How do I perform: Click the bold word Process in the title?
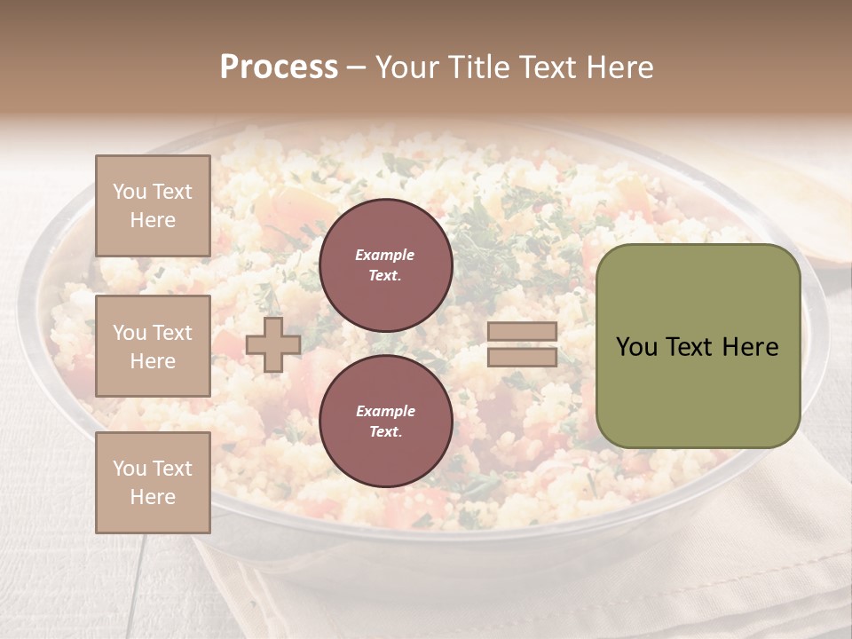click(279, 67)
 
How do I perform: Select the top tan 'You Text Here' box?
click(153, 206)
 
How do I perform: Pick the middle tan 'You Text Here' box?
click(153, 346)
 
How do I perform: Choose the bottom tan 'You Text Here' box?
click(153, 483)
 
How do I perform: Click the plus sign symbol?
click(272, 344)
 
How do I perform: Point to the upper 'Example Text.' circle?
click(385, 264)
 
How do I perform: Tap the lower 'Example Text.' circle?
click(385, 421)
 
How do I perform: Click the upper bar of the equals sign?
click(523, 332)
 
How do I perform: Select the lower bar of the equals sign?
click(523, 357)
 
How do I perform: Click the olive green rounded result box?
click(698, 346)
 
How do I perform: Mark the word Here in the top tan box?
click(153, 220)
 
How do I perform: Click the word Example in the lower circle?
click(385, 411)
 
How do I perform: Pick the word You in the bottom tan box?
click(130, 469)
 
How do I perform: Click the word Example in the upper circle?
click(385, 255)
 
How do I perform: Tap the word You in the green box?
click(636, 347)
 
